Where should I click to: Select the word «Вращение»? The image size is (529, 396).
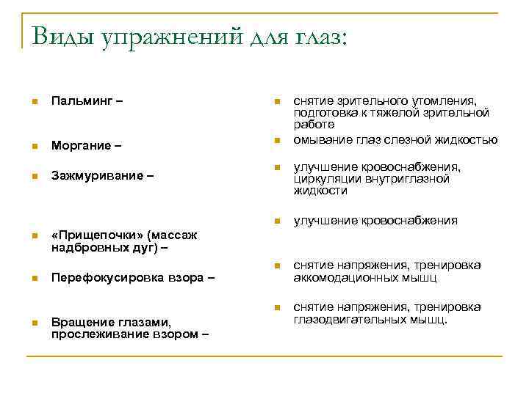82,321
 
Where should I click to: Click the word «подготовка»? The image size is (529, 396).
326,112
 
